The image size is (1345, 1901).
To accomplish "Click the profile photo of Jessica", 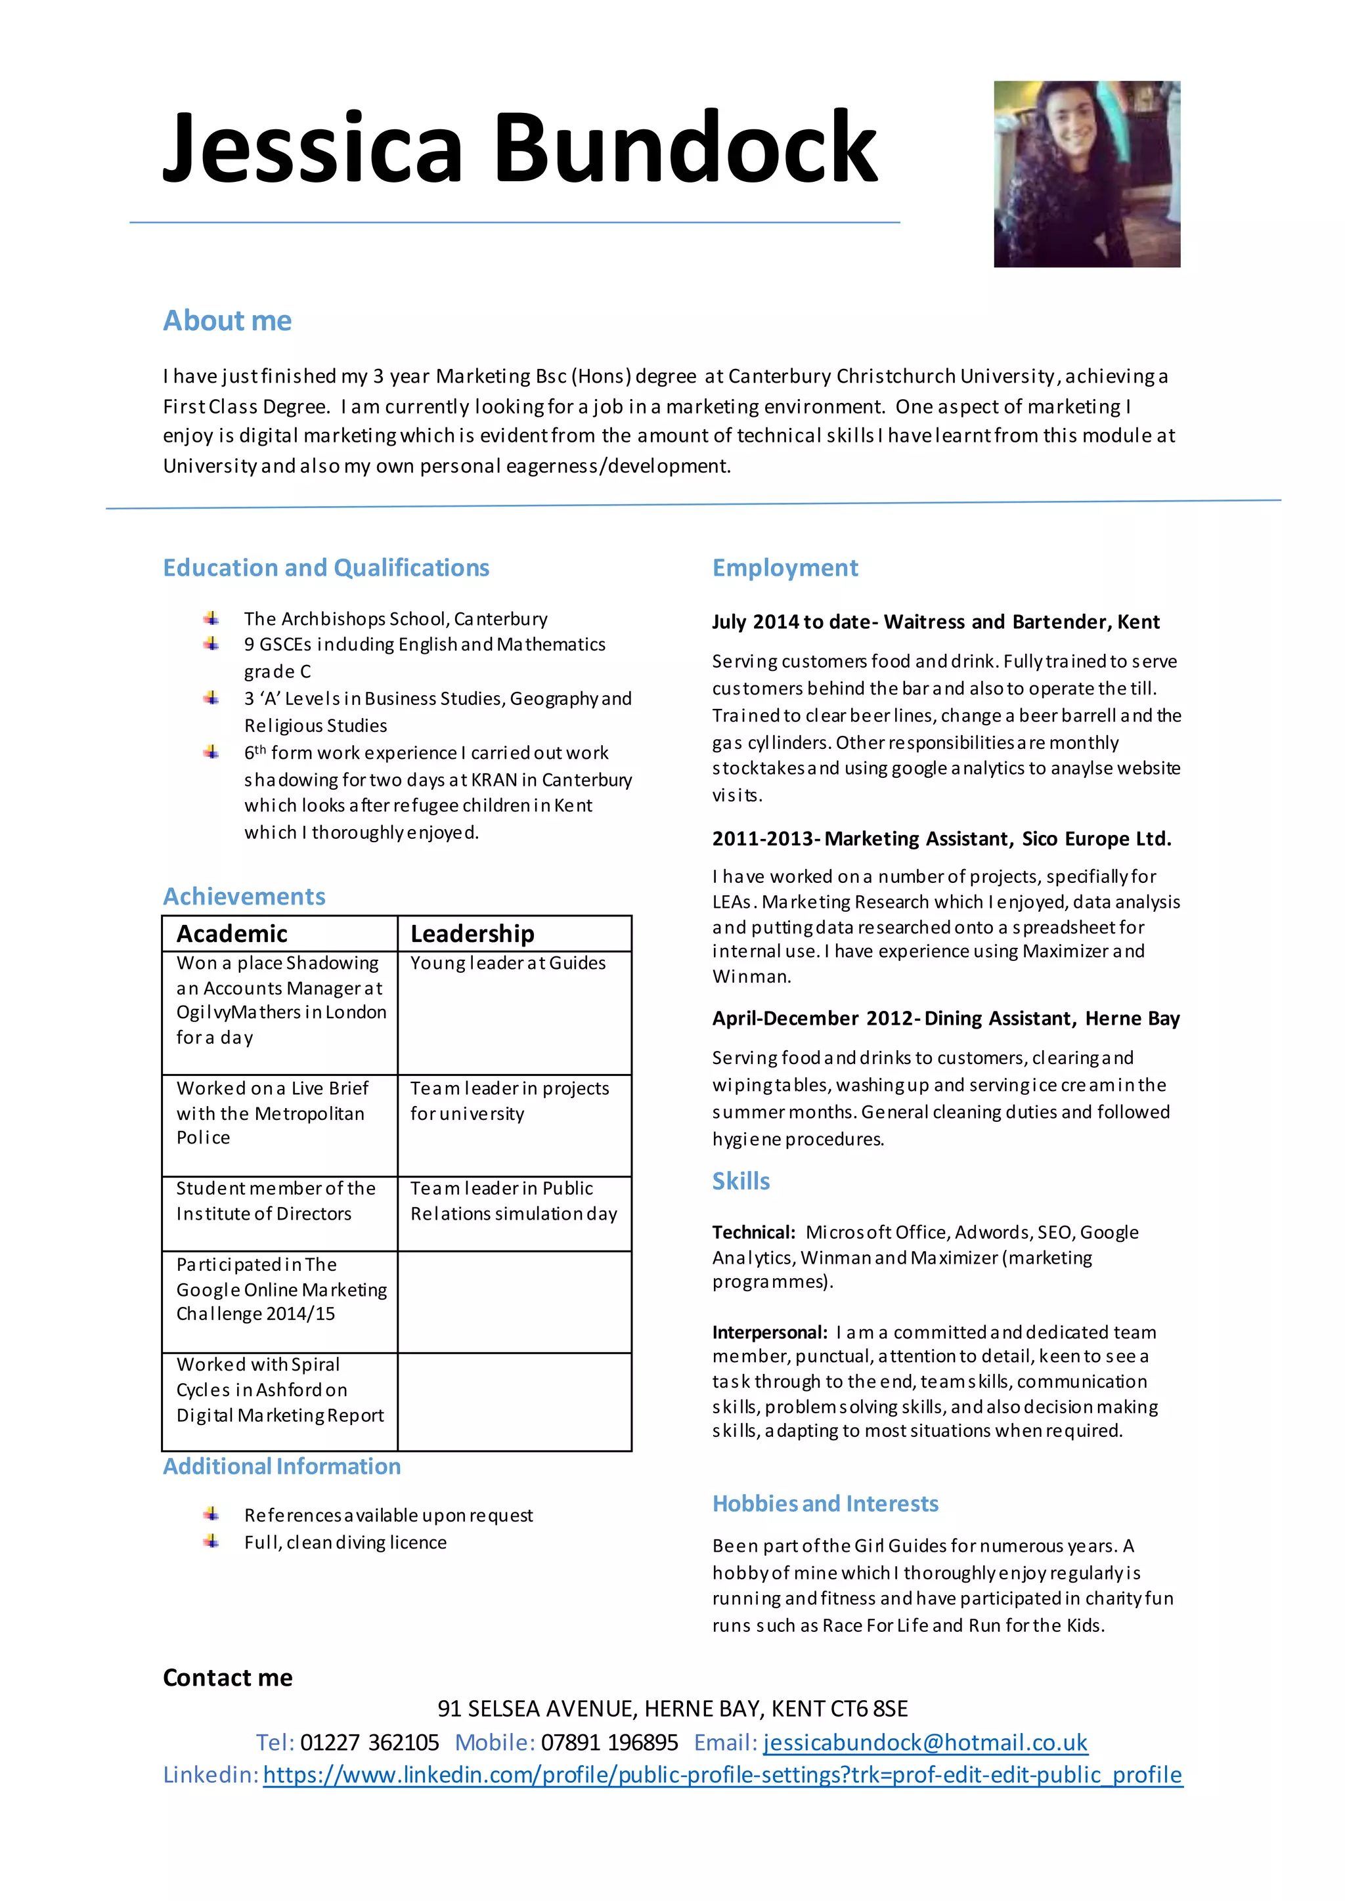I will (x=1087, y=174).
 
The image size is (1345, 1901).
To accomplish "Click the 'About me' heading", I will (x=227, y=320).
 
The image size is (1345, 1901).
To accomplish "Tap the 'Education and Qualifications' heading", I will (x=326, y=568).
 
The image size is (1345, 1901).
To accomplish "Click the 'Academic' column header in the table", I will (x=232, y=934).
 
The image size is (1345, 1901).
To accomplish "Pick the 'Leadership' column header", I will (x=472, y=934).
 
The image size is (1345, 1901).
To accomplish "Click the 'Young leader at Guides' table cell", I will (x=508, y=963).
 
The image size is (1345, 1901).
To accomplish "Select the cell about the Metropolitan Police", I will (x=270, y=1113).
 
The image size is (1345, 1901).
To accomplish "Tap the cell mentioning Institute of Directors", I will (x=275, y=1201).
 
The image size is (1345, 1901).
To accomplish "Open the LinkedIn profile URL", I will (x=722, y=1774).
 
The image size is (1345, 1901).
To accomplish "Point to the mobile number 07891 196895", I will (x=609, y=1742).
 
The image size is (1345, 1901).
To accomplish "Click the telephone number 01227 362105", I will (x=368, y=1742).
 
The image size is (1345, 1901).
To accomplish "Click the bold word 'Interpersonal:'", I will (x=770, y=1332).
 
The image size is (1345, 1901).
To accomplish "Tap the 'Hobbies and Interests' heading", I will (x=825, y=1504).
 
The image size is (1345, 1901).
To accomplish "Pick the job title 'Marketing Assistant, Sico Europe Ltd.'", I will (x=997, y=839).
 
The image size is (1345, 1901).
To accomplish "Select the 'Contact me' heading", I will (x=227, y=1677).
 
